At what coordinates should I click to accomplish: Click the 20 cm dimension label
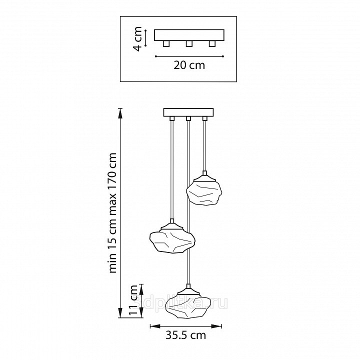click(189, 65)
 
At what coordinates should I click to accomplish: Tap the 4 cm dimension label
click(138, 39)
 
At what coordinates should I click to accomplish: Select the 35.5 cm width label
click(185, 335)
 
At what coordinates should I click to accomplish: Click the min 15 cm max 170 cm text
click(112, 212)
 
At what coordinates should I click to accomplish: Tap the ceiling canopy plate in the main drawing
click(188, 112)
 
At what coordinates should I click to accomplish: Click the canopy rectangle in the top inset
click(189, 35)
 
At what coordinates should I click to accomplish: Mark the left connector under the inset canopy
click(166, 43)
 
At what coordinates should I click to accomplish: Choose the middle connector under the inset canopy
click(189, 43)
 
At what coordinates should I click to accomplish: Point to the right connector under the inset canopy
click(212, 43)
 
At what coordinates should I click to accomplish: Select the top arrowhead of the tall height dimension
click(120, 113)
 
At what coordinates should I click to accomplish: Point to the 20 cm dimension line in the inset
click(189, 56)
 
